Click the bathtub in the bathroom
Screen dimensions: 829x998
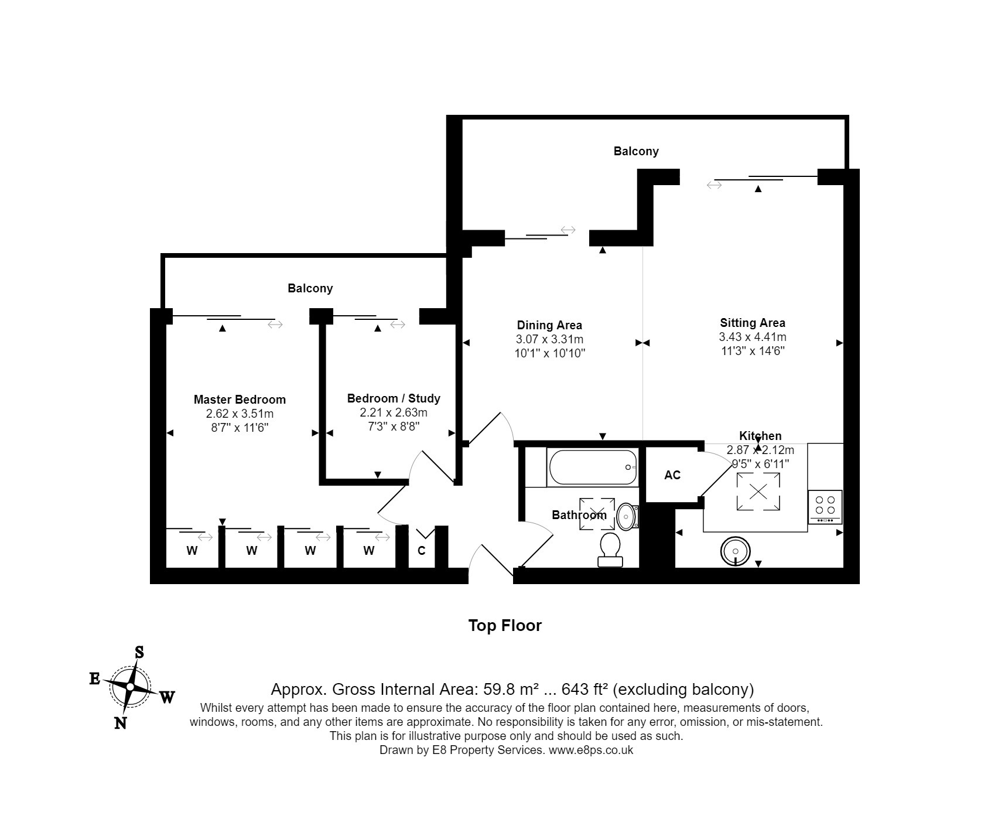[x=592, y=467]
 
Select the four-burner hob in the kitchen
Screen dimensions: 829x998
[x=825, y=507]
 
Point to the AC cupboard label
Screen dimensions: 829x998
[x=672, y=475]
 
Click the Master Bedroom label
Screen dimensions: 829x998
[x=240, y=400]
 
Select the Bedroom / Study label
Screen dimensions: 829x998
[x=394, y=398]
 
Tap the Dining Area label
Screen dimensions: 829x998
[x=549, y=325]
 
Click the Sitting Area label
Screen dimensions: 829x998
[x=753, y=323]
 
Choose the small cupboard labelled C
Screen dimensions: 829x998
[x=421, y=551]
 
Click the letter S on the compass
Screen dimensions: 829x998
[x=139, y=652]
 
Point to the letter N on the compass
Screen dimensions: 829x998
[x=120, y=723]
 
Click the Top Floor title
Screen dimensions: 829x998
[x=505, y=625]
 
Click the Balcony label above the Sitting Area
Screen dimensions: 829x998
[x=636, y=151]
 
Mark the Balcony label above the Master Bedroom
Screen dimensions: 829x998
[x=310, y=288]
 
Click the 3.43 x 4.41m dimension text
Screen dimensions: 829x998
[x=753, y=337]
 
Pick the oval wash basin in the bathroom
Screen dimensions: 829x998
[x=626, y=517]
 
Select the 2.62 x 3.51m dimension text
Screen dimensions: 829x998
[x=240, y=414]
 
